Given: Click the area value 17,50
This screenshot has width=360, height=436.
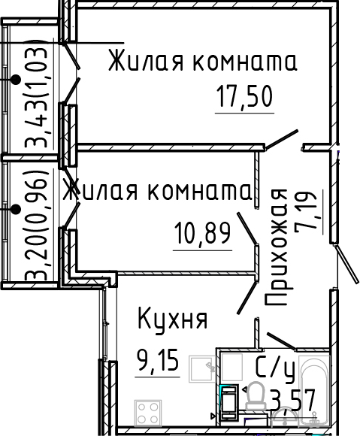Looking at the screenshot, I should coord(244,97).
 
